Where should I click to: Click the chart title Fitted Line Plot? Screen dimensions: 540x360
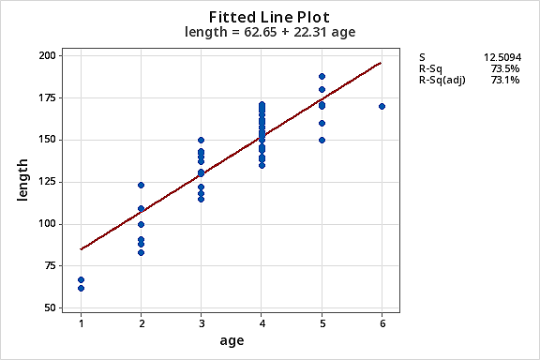(269, 17)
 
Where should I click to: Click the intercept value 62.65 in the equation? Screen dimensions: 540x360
(261, 32)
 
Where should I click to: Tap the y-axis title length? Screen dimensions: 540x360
(22, 180)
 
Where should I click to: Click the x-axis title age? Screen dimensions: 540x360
(232, 340)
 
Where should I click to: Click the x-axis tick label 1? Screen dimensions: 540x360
(82, 323)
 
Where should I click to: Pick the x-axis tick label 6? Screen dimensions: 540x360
(382, 323)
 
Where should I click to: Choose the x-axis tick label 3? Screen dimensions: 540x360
(202, 323)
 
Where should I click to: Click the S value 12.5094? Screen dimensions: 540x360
(502, 57)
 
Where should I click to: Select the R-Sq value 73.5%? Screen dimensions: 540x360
(505, 68)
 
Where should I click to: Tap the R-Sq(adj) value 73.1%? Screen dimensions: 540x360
(505, 80)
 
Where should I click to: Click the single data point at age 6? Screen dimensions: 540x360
(382, 107)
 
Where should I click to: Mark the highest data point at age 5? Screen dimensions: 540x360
(322, 77)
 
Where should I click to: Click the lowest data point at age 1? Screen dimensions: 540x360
(81, 289)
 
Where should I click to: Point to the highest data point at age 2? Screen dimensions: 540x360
(141, 186)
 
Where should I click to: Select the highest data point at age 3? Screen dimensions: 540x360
(202, 141)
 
